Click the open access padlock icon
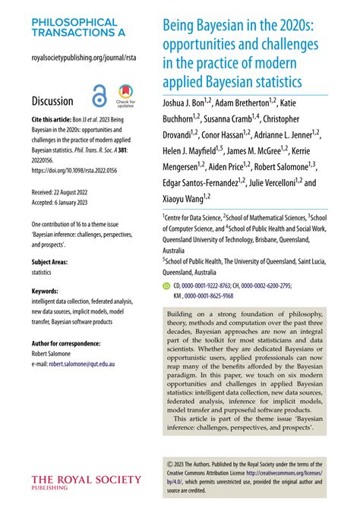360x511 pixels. (99, 98)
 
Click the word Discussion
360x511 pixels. (52, 101)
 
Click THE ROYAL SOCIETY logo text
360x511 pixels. (86, 479)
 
